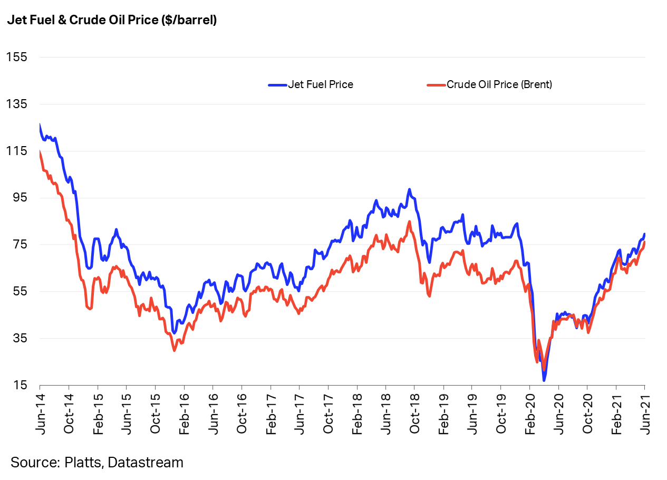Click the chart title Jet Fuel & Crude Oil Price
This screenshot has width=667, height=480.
pyautogui.click(x=112, y=21)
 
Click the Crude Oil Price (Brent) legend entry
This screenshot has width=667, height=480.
pyautogui.click(x=499, y=84)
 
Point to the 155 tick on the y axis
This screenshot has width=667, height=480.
pyautogui.click(x=16, y=57)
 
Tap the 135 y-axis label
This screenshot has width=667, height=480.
pyautogui.click(x=16, y=104)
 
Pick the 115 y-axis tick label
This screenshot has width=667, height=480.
pyautogui.click(x=16, y=151)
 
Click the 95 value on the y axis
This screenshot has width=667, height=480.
pyautogui.click(x=19, y=198)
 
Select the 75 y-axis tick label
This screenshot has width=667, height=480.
pyautogui.click(x=19, y=245)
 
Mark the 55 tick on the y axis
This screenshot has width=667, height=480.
pyautogui.click(x=19, y=292)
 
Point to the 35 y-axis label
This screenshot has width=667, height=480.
pyautogui.click(x=19, y=338)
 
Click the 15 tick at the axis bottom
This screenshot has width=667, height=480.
pyautogui.click(x=19, y=385)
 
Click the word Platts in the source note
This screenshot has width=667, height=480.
pyautogui.click(x=83, y=463)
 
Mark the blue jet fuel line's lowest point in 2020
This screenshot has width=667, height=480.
pyautogui.click(x=544, y=380)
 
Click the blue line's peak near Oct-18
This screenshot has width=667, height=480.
pyautogui.click(x=409, y=189)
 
